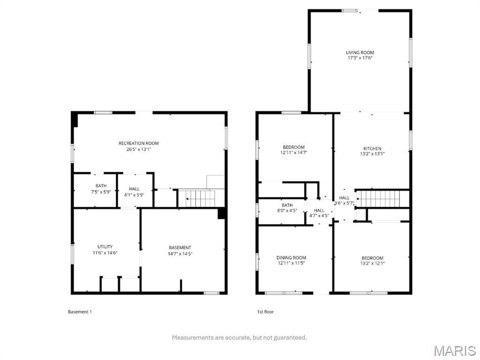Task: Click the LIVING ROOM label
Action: (x=360, y=52)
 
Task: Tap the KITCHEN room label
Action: (x=372, y=149)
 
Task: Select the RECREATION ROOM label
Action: (x=139, y=143)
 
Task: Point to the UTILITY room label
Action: (x=105, y=247)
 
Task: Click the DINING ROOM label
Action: (x=291, y=258)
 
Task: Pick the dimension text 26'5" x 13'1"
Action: (x=139, y=150)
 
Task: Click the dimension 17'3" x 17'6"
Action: (x=360, y=58)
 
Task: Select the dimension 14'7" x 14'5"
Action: (x=180, y=254)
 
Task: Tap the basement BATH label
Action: (x=101, y=186)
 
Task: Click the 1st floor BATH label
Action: (x=287, y=205)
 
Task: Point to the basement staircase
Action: (x=197, y=198)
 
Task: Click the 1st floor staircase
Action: (x=378, y=199)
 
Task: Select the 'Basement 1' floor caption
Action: (x=80, y=312)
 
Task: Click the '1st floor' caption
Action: (x=265, y=312)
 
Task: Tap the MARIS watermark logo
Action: (x=455, y=351)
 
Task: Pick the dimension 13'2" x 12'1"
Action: (x=372, y=263)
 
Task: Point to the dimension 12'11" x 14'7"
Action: (x=293, y=152)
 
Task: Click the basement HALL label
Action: (x=134, y=189)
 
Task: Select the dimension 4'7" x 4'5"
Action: (x=319, y=216)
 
